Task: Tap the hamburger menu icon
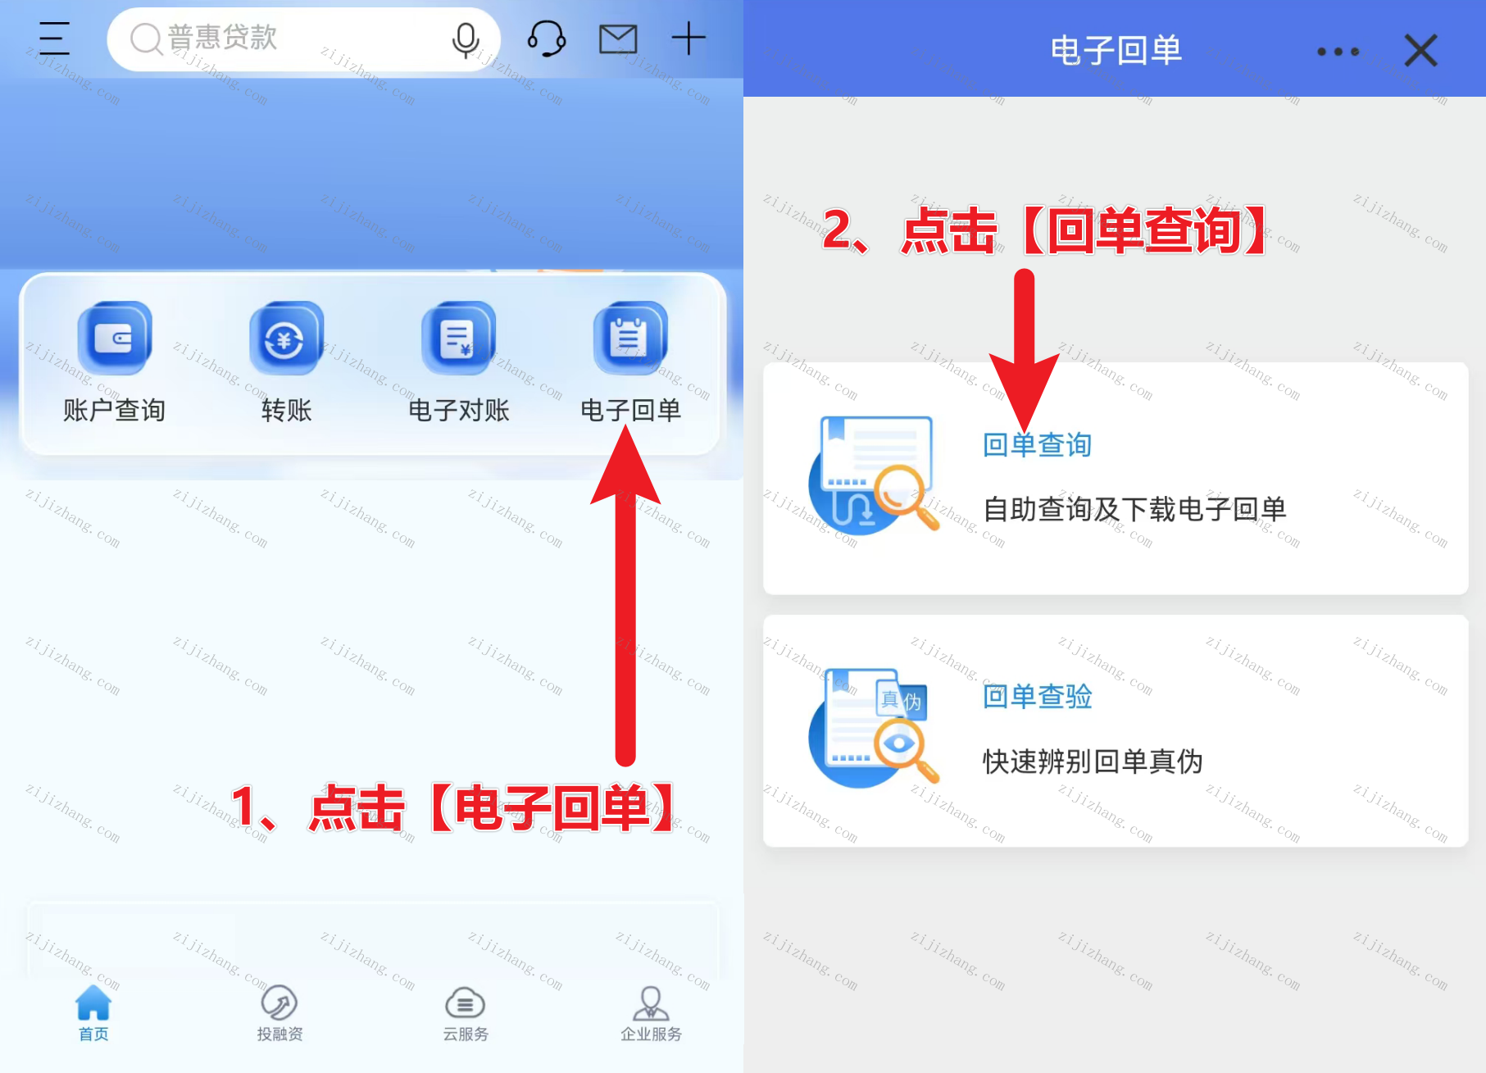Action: [54, 39]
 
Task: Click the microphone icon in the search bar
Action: [466, 39]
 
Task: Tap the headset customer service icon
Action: [547, 39]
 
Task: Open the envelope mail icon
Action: [618, 39]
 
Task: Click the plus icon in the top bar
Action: [688, 39]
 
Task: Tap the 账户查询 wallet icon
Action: [115, 338]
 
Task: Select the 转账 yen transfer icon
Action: [287, 338]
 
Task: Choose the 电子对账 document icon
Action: [459, 338]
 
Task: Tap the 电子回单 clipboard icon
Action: [630, 338]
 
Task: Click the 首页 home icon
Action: [93, 1002]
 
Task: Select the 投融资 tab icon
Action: [279, 1002]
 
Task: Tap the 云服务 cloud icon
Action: [466, 1003]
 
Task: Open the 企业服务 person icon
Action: [651, 1002]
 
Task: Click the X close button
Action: [1420, 50]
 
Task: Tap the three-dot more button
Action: [1338, 52]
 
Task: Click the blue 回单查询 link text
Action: [1038, 445]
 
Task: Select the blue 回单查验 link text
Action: [1038, 697]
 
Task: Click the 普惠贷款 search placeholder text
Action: [223, 38]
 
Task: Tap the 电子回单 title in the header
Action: [1116, 51]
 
